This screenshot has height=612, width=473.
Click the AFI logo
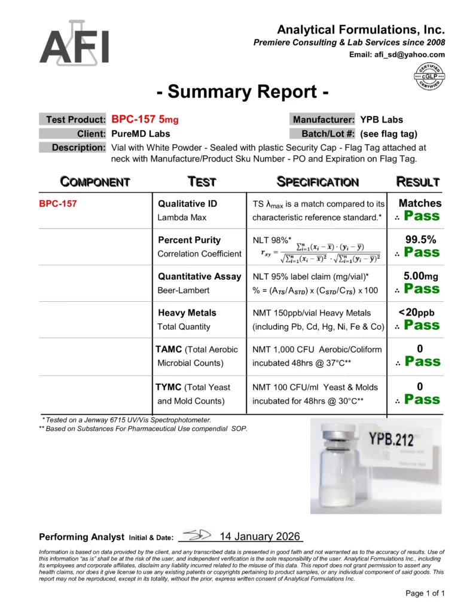[x=74, y=43]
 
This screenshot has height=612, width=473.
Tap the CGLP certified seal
[x=428, y=77]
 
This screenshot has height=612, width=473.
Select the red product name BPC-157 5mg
[x=145, y=119]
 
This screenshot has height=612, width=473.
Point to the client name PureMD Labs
[x=141, y=133]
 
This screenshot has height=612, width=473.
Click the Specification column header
[x=318, y=182]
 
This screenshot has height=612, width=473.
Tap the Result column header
[x=418, y=182]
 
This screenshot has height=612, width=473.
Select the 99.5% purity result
[x=420, y=240]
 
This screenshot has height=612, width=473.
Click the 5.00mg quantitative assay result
[x=420, y=276]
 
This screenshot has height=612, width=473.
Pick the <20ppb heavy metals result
[x=420, y=313]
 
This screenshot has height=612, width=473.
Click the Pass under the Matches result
[x=422, y=216]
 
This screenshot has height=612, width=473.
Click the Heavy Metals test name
[x=187, y=313]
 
